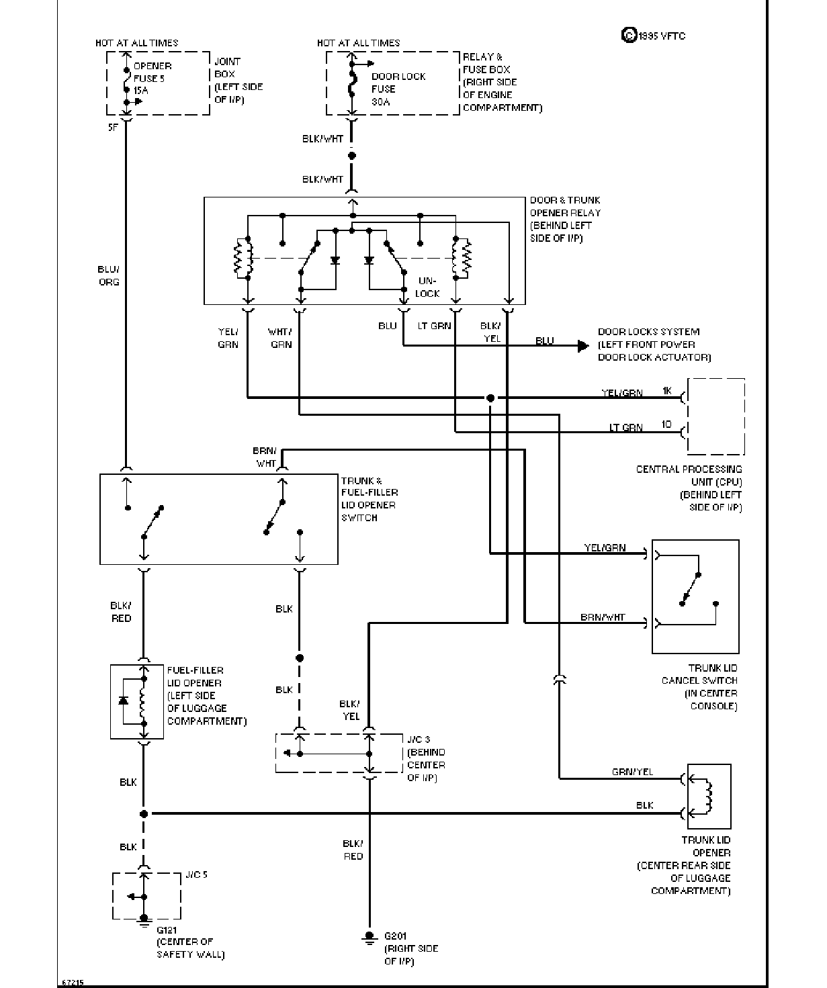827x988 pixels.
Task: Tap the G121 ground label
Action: point(167,930)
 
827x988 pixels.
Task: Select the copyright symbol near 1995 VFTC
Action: point(629,36)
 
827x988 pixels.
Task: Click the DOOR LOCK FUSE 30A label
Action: point(398,89)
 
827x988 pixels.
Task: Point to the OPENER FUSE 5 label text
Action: point(153,73)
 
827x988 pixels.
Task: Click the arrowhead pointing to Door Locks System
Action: point(583,346)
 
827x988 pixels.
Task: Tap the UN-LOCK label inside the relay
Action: point(427,287)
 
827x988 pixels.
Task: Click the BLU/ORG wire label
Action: point(109,275)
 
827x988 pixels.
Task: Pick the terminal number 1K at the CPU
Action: point(667,391)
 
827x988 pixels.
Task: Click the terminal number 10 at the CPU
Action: point(666,424)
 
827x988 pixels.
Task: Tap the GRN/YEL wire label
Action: point(632,772)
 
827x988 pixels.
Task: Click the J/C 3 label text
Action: point(419,739)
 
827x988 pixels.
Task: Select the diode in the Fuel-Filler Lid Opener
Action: point(124,701)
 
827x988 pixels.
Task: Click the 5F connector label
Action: point(113,128)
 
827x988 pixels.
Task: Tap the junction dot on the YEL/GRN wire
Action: point(490,398)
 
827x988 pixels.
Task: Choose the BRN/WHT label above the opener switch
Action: point(265,457)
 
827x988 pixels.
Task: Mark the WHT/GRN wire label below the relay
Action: point(280,338)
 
